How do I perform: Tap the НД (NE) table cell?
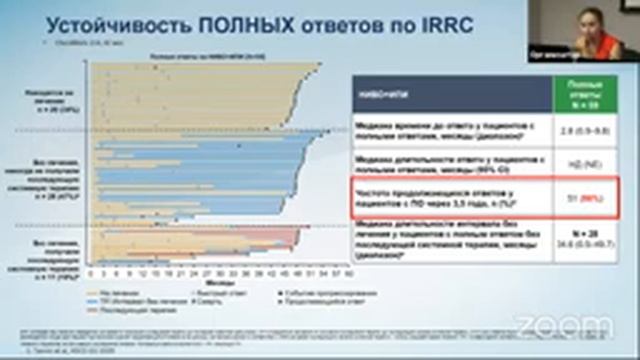(579, 162)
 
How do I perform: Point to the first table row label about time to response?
(454, 128)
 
